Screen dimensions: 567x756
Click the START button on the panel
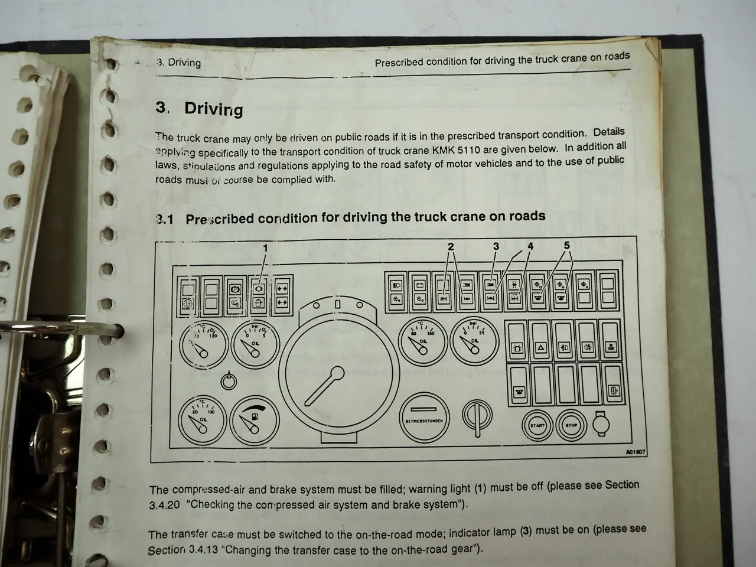pos(537,425)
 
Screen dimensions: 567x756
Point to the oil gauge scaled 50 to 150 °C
pos(422,343)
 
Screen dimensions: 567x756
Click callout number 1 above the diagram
pos(265,248)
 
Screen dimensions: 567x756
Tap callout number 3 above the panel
pos(496,246)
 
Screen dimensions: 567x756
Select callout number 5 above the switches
pos(566,245)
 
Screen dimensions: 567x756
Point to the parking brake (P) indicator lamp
pos(234,289)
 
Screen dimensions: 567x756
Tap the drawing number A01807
pos(634,452)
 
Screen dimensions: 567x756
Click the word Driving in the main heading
pos(213,109)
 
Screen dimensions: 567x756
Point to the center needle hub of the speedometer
pos(337,374)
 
